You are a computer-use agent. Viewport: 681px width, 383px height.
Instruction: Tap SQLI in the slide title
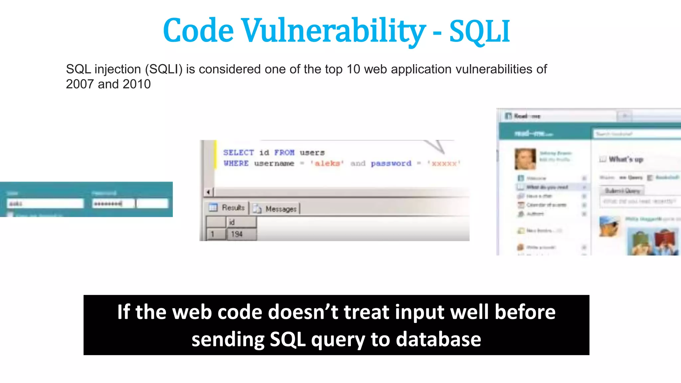(x=479, y=32)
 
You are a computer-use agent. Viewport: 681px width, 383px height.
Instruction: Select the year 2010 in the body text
(x=136, y=84)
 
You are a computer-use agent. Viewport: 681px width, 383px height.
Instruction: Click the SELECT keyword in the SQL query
(x=238, y=153)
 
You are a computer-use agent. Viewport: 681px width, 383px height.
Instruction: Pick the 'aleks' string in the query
(x=327, y=163)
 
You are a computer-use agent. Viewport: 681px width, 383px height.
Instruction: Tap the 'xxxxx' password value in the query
(x=444, y=163)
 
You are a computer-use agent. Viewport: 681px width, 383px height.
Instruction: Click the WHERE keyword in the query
(x=236, y=163)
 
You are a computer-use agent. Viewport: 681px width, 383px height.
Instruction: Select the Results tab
(x=227, y=208)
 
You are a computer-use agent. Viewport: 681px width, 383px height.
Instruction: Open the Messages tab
(x=276, y=209)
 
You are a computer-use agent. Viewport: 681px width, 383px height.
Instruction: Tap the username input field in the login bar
(x=45, y=203)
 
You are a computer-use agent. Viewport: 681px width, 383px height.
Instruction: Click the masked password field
(x=113, y=203)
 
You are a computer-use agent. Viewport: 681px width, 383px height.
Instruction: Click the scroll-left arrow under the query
(x=208, y=192)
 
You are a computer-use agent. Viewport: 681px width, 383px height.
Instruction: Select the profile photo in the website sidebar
(x=525, y=159)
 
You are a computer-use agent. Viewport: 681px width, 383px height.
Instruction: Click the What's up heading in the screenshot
(x=626, y=159)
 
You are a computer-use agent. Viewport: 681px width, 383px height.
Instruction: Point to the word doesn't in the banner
(x=303, y=313)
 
